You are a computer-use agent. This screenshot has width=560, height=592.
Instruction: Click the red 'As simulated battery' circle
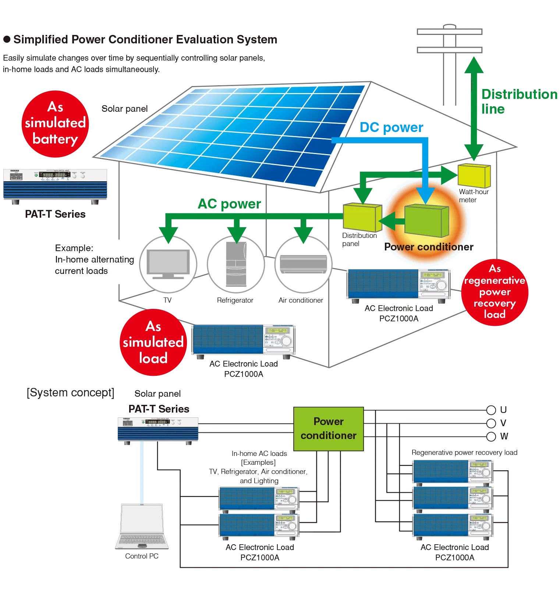55,124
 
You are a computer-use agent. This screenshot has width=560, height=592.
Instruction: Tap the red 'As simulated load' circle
153,342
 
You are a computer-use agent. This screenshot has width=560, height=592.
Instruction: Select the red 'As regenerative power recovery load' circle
495,292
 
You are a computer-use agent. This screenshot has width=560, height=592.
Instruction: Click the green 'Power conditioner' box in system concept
328,429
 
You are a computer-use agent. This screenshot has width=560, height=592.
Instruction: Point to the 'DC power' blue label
391,127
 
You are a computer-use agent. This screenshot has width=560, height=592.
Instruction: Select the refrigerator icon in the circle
236,264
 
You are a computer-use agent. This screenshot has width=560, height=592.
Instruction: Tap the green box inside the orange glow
426,221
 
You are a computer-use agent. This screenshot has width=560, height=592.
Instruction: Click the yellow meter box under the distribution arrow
474,176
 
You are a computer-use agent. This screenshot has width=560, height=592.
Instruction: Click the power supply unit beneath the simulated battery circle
56,184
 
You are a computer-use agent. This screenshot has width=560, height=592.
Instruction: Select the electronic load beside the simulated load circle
244,340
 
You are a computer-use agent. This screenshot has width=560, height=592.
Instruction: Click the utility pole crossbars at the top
449,40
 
